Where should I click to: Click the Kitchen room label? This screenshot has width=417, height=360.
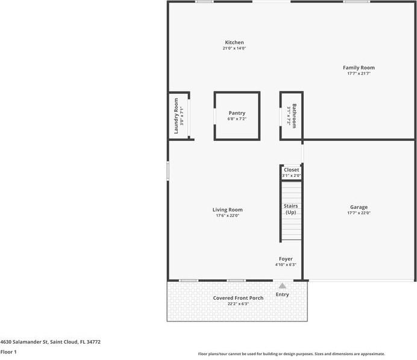pos(234,43)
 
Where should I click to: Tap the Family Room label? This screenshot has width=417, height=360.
pos(359,68)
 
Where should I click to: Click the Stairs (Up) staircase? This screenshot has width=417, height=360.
pos(291,209)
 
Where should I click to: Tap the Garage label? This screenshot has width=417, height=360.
pos(359,207)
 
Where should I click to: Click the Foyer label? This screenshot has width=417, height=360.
pos(286,259)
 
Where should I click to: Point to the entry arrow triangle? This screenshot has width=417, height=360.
pos(282,286)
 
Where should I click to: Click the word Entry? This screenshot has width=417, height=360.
pos(282,294)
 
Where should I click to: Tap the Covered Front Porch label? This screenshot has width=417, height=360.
pos(238,298)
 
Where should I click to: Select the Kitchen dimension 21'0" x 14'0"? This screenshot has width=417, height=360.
pos(234,48)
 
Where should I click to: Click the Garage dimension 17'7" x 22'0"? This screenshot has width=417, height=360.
pos(359,213)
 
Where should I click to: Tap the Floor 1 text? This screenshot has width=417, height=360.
pos(8,352)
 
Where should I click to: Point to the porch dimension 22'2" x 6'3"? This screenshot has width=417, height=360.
pos(238,304)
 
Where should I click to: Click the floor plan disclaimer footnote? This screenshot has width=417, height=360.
pos(291,354)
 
